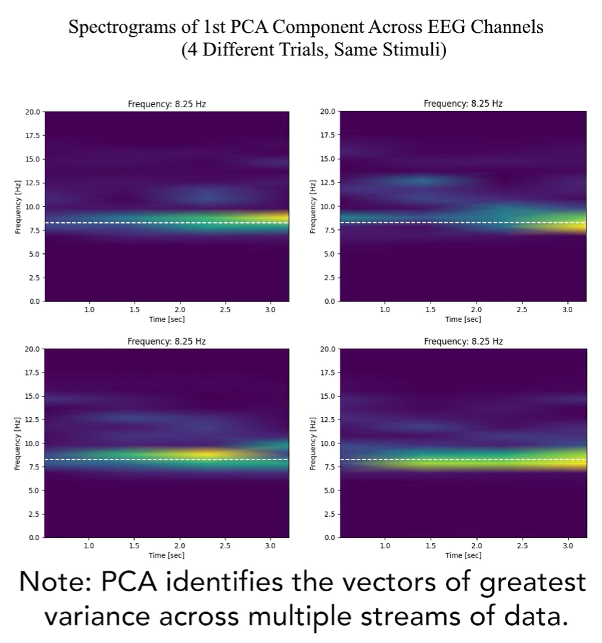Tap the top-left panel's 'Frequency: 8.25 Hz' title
[x=167, y=104]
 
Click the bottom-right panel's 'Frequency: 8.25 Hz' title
[x=463, y=341]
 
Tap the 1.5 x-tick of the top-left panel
[x=135, y=310]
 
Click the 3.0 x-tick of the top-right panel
[x=567, y=310]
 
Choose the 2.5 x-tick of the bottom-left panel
[x=225, y=546]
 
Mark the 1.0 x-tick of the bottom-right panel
[x=385, y=546]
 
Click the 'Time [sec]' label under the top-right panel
[x=463, y=319]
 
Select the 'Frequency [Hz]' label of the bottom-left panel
[x=17, y=443]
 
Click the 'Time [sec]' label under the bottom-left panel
[x=167, y=555]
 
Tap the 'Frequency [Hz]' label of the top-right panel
[x=313, y=206]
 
